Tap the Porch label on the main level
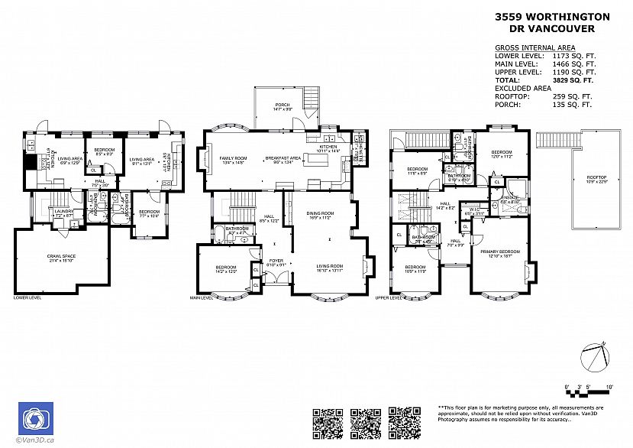click(283, 105)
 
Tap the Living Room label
click(329, 265)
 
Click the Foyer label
click(276, 261)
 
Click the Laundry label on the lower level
click(63, 212)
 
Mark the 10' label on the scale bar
click(609, 388)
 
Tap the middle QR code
click(365, 423)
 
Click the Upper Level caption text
click(389, 298)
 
